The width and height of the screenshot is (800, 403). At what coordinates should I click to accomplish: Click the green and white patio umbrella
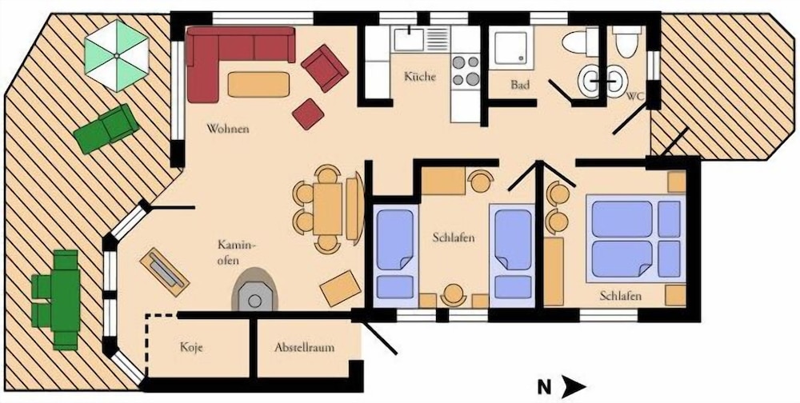click(x=116, y=56)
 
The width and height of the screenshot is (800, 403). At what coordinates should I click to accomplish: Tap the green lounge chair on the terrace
click(x=106, y=129)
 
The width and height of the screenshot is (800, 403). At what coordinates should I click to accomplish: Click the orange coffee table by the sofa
click(x=258, y=84)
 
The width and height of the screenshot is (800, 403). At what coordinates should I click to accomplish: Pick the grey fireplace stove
click(x=255, y=291)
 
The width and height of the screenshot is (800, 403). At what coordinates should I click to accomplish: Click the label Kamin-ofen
click(x=235, y=252)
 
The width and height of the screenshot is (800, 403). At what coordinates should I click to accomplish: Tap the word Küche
click(x=420, y=77)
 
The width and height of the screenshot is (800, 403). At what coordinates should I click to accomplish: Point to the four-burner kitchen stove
click(x=466, y=70)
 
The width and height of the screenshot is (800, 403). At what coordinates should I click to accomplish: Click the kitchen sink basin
click(x=409, y=39)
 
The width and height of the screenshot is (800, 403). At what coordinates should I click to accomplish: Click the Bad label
click(x=520, y=86)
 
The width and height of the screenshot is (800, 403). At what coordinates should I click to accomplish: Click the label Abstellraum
click(x=304, y=348)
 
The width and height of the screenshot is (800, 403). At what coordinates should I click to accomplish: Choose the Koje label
click(x=192, y=348)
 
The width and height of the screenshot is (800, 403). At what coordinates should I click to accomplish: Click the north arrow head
click(x=574, y=387)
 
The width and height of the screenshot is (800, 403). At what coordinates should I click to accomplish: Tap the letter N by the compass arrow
click(x=544, y=388)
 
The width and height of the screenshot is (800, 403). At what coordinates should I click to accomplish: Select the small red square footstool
click(x=308, y=114)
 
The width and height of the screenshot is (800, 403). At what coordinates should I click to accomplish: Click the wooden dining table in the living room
click(x=327, y=209)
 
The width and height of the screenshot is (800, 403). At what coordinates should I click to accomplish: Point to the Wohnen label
click(x=227, y=129)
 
